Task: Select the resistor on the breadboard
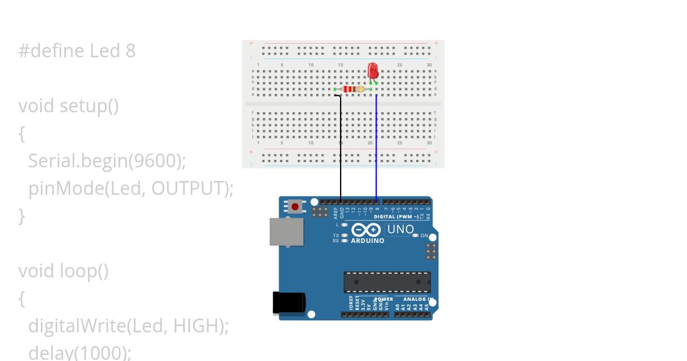click(x=353, y=89)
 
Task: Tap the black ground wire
click(x=341, y=149)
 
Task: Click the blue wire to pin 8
click(x=376, y=149)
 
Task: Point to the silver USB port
click(x=287, y=231)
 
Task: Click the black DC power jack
click(x=289, y=303)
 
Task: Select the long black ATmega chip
click(x=387, y=282)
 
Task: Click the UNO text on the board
click(x=400, y=229)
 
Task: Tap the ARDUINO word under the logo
click(x=368, y=241)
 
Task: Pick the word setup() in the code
click(x=89, y=106)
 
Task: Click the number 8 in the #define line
click(x=131, y=51)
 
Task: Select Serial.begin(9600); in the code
click(x=107, y=161)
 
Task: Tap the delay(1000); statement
click(x=80, y=352)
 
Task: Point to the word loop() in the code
click(x=84, y=271)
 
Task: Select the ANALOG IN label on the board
click(x=417, y=299)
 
